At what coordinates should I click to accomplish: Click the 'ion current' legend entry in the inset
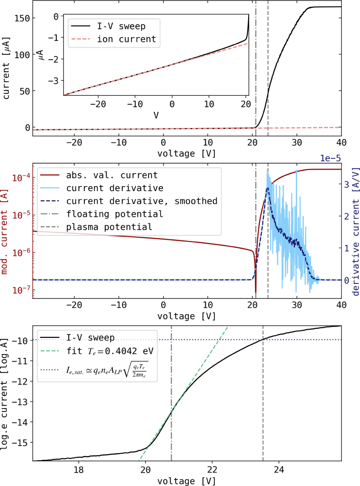(126, 39)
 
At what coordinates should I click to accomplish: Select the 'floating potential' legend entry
(114, 214)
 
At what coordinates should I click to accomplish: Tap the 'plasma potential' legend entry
(109, 227)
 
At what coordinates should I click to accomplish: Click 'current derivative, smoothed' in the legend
(142, 201)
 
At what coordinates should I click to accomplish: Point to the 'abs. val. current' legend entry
(112, 175)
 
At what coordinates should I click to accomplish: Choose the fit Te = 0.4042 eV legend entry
(110, 351)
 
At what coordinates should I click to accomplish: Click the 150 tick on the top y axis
(22, 18)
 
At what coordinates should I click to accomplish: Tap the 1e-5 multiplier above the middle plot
(330, 158)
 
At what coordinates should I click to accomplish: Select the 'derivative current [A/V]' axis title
(356, 231)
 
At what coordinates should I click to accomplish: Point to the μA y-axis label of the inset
(41, 55)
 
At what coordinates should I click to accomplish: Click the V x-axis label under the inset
(156, 115)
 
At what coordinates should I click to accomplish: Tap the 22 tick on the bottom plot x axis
(212, 470)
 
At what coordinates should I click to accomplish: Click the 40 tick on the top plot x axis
(341, 142)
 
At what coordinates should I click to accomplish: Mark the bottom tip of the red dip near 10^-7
(256, 292)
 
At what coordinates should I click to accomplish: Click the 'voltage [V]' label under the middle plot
(187, 316)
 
